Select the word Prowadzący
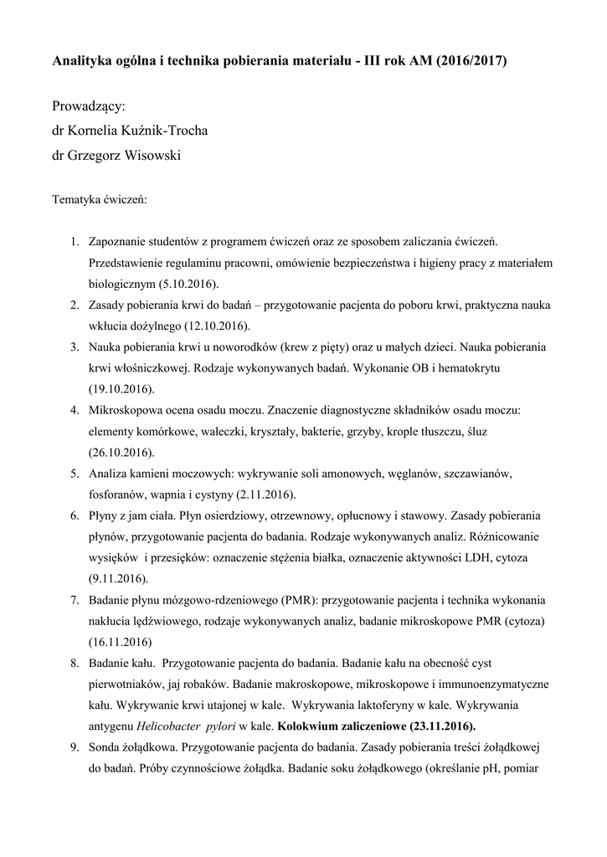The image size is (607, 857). click(x=88, y=106)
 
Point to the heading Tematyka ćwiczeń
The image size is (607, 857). click(x=100, y=201)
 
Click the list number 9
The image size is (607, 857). click(x=75, y=747)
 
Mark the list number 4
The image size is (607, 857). click(x=75, y=411)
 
